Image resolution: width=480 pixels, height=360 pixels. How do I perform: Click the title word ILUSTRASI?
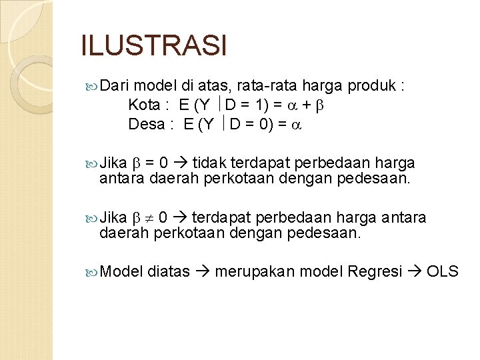click(154, 46)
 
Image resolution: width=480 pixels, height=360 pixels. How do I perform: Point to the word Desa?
click(145, 124)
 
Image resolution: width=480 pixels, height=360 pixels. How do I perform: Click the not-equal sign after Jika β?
click(149, 219)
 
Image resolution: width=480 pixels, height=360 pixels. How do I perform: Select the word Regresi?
click(374, 271)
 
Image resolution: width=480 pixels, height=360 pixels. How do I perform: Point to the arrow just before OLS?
click(415, 271)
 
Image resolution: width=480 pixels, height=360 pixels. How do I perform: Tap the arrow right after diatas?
click(202, 271)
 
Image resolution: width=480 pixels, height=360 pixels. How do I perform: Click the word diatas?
click(169, 271)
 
